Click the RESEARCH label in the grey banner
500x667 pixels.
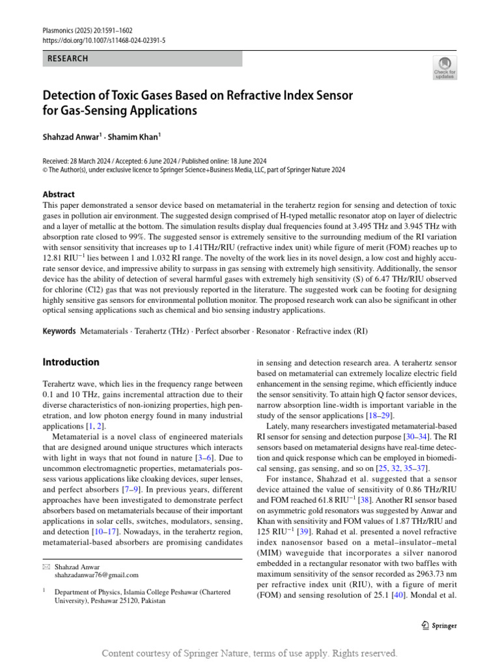point(68,59)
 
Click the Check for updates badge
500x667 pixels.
point(444,68)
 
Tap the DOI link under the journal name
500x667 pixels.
point(104,40)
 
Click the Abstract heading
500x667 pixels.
point(59,194)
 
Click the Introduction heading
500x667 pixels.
point(71,362)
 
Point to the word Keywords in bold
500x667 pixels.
point(59,331)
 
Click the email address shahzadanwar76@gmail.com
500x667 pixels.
point(96,575)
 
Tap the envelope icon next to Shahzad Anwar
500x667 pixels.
point(46,567)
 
